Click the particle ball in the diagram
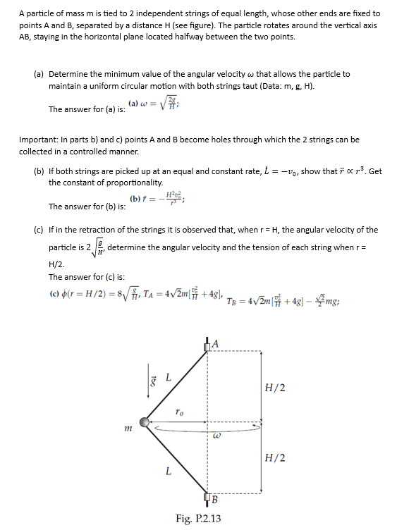pyautogui.click(x=145, y=421)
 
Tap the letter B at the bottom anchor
pyautogui.click(x=213, y=501)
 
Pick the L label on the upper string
pyautogui.click(x=167, y=377)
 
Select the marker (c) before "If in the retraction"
pyautogui.click(x=39, y=230)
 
